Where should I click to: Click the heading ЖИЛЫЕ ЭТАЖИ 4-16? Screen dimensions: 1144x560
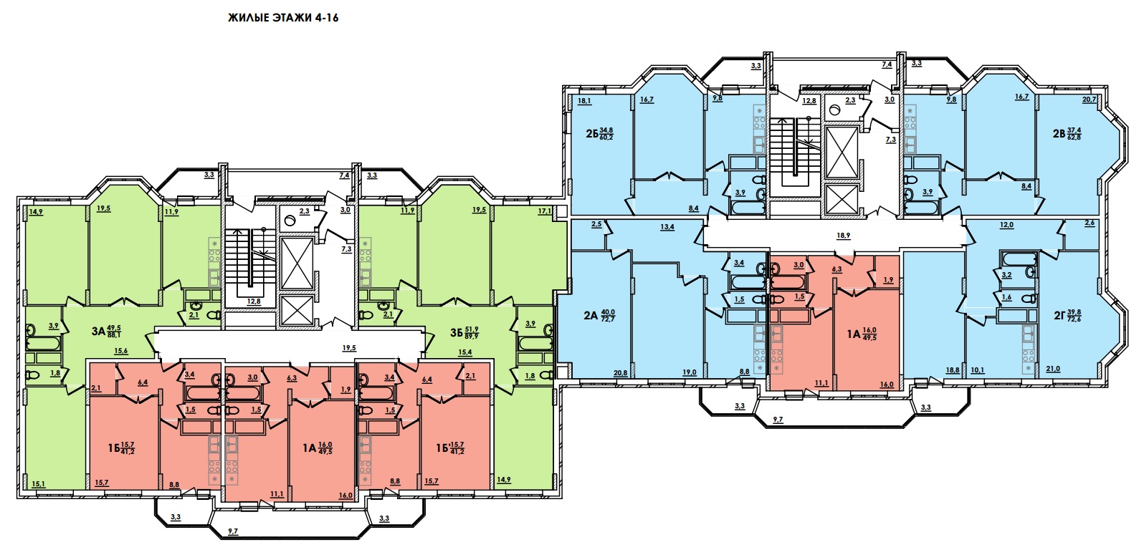pos(283,18)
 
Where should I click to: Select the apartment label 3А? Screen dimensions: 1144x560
pos(98,332)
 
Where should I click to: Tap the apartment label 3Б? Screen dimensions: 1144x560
pos(456,332)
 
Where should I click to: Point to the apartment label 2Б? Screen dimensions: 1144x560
pos(592,134)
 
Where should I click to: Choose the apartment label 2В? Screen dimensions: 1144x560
pos(1059,134)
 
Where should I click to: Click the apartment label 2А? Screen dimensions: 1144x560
pos(591,316)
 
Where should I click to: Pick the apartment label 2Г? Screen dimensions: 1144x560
pos(1060,316)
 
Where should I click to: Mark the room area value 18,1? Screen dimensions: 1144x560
pos(585,101)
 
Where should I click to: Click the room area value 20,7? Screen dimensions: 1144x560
pos(1090,100)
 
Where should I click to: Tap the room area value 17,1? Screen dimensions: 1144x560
pos(545,210)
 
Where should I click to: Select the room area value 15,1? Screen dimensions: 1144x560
pos(38,484)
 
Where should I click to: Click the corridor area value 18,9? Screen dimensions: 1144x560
pos(844,236)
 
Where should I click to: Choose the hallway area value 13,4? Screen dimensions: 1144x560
pos(667,227)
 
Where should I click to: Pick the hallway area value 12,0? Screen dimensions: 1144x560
pos(1006,224)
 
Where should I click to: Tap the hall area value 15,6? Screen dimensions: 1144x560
pos(121,351)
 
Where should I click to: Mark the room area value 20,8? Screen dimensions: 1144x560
pos(621,373)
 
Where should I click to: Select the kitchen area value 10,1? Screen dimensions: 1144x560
pos(977,370)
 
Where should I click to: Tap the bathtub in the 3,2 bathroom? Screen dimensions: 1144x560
pos(1019,259)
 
